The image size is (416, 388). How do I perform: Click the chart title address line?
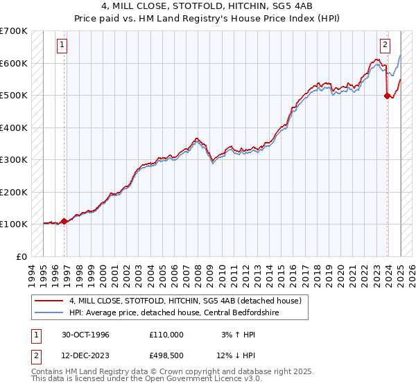tap(208, 6)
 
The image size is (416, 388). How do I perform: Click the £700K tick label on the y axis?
tap(13, 31)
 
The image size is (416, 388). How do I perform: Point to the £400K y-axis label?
tap(13, 127)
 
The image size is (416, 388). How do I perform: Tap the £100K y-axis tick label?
tap(13, 224)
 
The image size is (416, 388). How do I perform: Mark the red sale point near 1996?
tap(64, 222)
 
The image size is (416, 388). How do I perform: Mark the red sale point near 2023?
tap(387, 96)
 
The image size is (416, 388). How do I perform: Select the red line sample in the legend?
tap(50, 301)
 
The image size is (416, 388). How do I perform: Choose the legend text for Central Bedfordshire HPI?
tap(173, 312)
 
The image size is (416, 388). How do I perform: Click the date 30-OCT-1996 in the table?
tap(85, 335)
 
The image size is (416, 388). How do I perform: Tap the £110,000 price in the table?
tap(166, 335)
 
